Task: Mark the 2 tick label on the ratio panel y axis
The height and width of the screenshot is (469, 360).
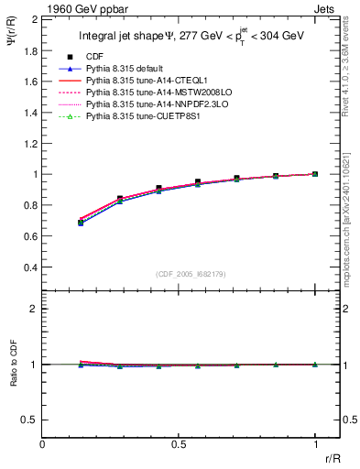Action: [33, 309]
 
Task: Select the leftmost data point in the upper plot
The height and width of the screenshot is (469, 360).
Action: [82, 222]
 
